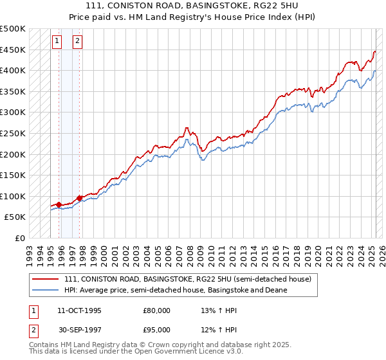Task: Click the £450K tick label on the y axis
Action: (x=13, y=50)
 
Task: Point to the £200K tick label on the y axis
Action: (x=13, y=154)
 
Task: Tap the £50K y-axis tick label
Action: (x=15, y=217)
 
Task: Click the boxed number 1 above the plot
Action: (x=57, y=42)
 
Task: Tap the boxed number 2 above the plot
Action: (x=78, y=42)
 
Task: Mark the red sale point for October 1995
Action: (x=59, y=204)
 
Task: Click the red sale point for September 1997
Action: (x=79, y=198)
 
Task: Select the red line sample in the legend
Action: (x=46, y=279)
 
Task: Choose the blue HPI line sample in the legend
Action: (x=46, y=290)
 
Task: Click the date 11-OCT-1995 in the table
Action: (x=79, y=310)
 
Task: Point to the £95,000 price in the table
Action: (x=156, y=330)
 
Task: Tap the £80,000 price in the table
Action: (x=156, y=310)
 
